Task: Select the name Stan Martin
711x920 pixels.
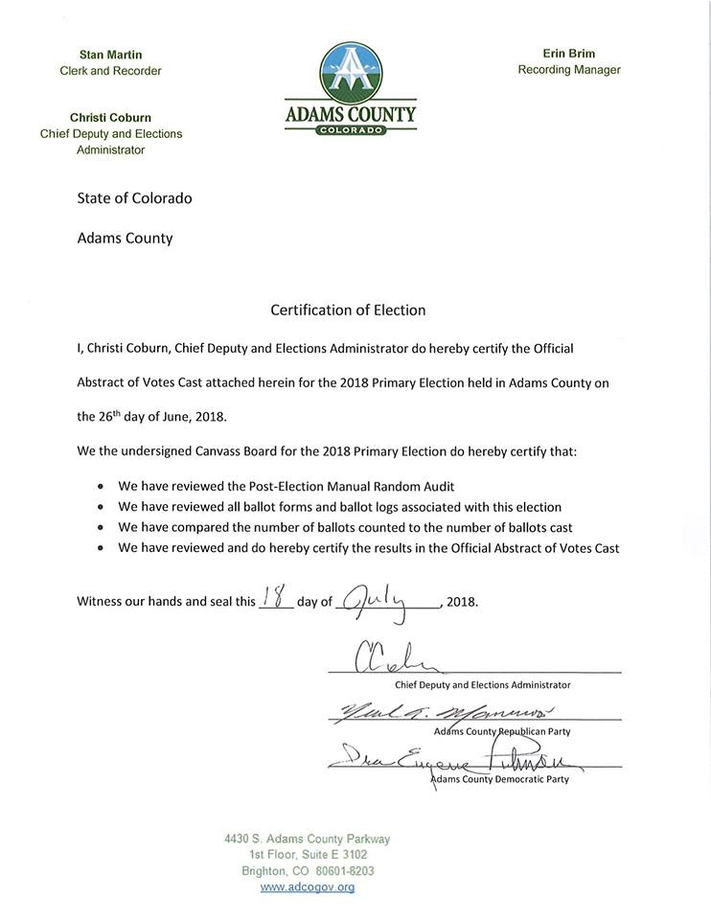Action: [x=111, y=55]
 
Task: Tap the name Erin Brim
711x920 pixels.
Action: [x=568, y=54]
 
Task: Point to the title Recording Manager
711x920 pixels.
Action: [x=568, y=70]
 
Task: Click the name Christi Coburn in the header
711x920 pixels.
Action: [x=110, y=118]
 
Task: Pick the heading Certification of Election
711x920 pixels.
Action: [x=348, y=310]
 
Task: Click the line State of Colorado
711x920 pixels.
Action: [x=134, y=198]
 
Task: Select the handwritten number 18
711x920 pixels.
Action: [x=277, y=600]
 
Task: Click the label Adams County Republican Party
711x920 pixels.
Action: [x=501, y=731]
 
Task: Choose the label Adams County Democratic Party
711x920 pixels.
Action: [x=499, y=779]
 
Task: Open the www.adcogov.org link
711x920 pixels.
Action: [x=307, y=887]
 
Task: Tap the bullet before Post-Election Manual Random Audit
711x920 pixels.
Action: [x=101, y=487]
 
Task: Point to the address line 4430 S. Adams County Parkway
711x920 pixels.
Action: [x=307, y=839]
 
